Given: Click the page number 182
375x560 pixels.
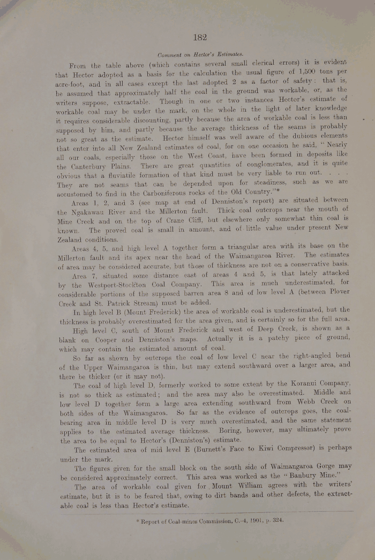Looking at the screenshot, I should click(200, 37).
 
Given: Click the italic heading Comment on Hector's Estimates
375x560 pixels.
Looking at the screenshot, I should click(200, 55).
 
